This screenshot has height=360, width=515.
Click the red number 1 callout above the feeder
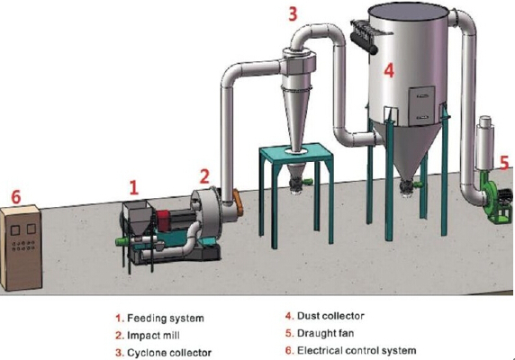(133, 187)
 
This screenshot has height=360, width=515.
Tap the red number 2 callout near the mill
(204, 176)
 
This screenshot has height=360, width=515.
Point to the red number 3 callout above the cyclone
(293, 13)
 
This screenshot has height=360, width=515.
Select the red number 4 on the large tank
(389, 70)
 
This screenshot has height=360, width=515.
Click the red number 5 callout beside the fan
(505, 163)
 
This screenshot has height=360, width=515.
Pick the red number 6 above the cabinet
(16, 197)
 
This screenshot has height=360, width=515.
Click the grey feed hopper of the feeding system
(137, 216)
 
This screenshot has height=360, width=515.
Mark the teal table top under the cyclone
(296, 153)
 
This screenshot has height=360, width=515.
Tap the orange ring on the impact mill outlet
(239, 202)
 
